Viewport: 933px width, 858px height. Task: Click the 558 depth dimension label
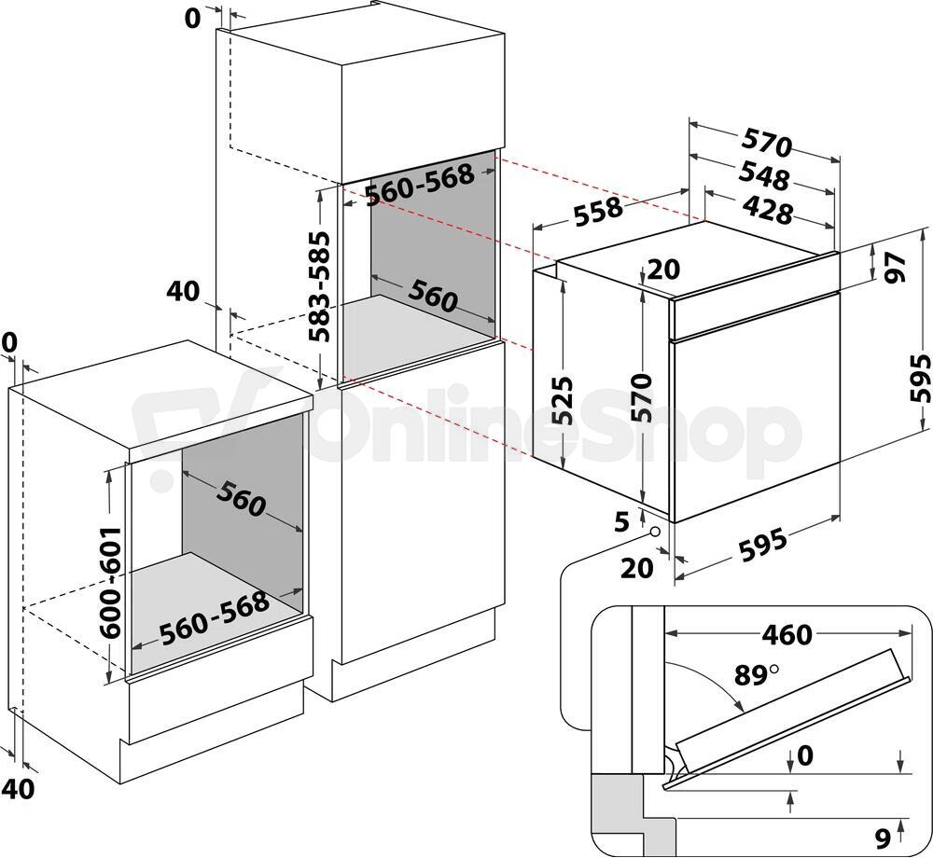coord(599,213)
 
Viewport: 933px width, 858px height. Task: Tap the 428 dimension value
coord(768,211)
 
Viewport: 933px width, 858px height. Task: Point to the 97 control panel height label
coord(895,268)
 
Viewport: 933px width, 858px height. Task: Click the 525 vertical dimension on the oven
coord(561,401)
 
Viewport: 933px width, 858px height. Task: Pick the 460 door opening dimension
coord(787,635)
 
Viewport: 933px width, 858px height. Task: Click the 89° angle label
coord(757,675)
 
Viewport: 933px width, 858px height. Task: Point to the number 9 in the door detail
coord(884,838)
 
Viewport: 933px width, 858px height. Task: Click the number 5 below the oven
coord(621,522)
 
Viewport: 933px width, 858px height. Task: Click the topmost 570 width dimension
coord(768,145)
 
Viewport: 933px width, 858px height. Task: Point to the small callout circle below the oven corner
coord(656,531)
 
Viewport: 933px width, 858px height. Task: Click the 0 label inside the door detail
coord(804,755)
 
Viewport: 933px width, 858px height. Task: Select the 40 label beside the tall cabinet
coord(183,291)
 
